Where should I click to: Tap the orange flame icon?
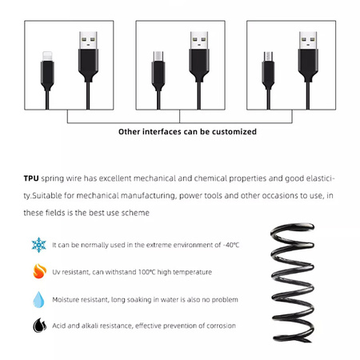click(38, 272)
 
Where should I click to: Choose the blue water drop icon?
click(38, 299)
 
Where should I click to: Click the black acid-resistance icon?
click(38, 326)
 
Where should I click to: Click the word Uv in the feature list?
click(57, 272)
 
